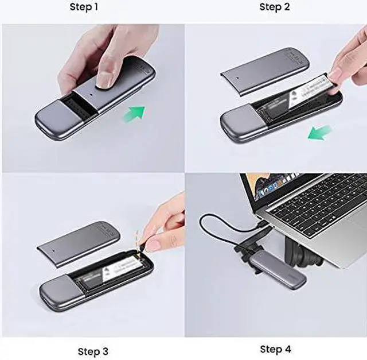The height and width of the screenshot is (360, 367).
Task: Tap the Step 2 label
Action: (275, 7)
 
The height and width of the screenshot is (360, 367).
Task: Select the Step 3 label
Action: (92, 351)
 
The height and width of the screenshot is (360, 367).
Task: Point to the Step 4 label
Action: (275, 349)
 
